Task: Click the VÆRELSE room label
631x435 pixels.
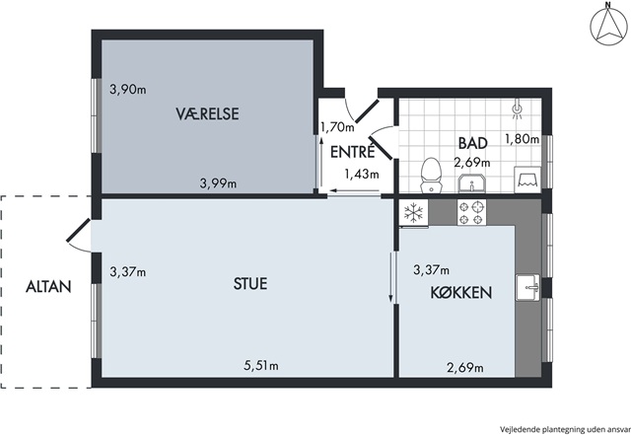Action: (x=207, y=114)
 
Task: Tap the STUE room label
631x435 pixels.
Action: (x=250, y=283)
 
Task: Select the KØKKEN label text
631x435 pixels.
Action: (x=461, y=293)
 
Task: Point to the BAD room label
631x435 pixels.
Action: (x=473, y=143)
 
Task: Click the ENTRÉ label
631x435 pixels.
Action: (x=353, y=152)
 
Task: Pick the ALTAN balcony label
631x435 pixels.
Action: (x=48, y=287)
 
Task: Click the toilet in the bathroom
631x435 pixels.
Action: (x=431, y=176)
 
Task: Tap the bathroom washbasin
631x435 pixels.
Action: (x=472, y=183)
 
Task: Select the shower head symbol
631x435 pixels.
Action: (x=517, y=109)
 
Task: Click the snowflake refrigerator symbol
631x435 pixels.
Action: (x=413, y=212)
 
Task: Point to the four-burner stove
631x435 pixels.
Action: (x=471, y=212)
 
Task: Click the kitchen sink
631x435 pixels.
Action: (x=528, y=287)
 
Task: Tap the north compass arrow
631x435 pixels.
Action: (x=608, y=26)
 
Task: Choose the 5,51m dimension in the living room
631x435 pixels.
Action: (x=261, y=366)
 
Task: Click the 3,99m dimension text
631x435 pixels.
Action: (x=218, y=183)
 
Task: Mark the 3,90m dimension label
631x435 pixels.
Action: (x=128, y=90)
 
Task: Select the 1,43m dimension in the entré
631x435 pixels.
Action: (x=362, y=174)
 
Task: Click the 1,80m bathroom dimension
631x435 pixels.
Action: (x=522, y=139)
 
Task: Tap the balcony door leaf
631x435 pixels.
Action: (x=79, y=231)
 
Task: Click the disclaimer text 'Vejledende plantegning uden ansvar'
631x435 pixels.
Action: (x=565, y=429)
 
